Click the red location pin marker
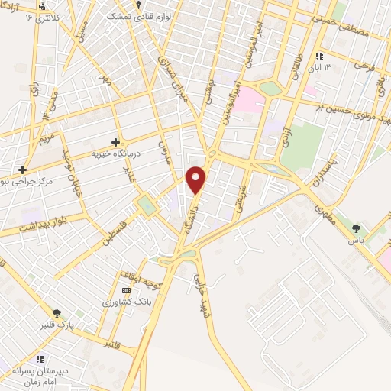coord(196,179)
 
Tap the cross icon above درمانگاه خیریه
coord(115,141)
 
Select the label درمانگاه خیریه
coord(117,153)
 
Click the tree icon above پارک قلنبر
coord(57,312)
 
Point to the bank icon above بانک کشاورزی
coord(126,290)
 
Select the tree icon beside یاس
coord(355,228)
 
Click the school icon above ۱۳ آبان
coord(319,56)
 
